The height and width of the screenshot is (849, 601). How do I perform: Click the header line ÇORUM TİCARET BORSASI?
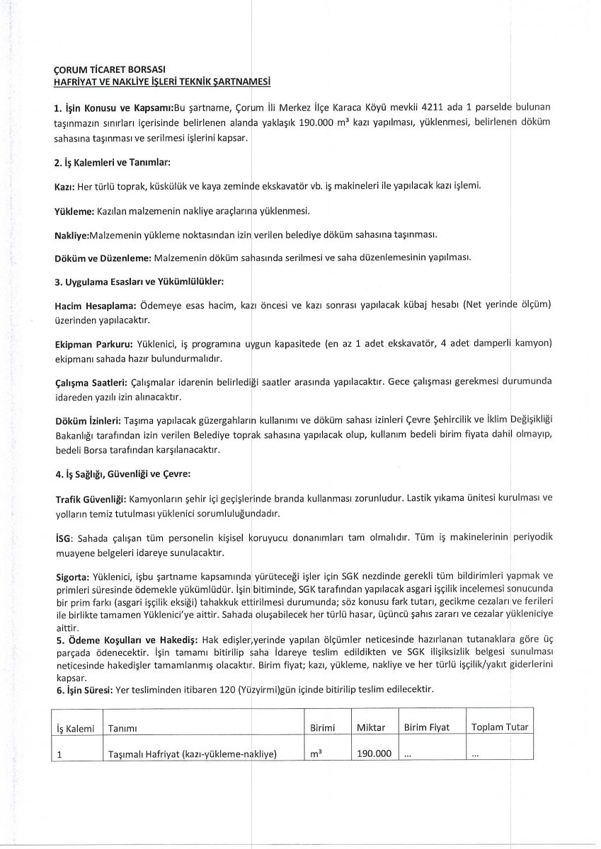coord(110,71)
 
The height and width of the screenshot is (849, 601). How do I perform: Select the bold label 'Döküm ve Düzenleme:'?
coord(102,257)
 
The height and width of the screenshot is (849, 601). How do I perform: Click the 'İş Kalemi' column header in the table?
coord(74,728)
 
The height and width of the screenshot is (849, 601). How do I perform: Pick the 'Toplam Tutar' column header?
coord(499,727)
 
